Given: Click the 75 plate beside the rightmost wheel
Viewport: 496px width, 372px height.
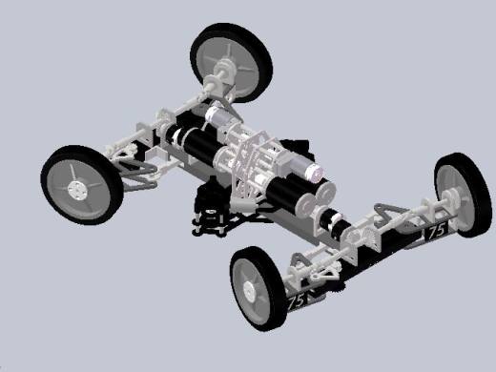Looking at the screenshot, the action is point(436,232).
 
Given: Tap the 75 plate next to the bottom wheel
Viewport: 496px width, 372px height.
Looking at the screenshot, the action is point(296,300).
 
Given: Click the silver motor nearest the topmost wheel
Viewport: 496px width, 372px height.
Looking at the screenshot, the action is point(217,115).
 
